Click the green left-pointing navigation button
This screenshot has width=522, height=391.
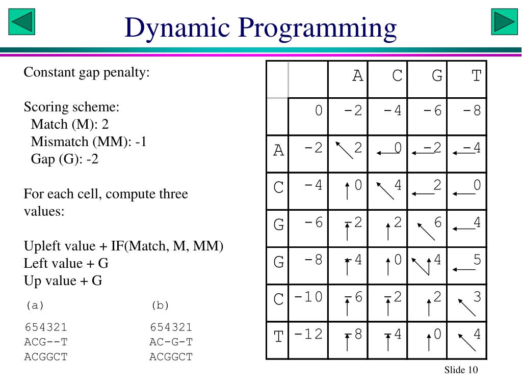[x=22, y=22]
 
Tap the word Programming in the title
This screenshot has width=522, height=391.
[x=316, y=27]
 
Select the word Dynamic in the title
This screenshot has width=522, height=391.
[x=176, y=27]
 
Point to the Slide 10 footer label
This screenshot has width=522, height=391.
[x=461, y=370]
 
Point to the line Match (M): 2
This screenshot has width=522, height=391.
[x=70, y=125]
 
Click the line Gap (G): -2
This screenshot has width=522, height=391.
[x=65, y=159]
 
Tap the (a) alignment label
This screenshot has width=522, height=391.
[x=35, y=305]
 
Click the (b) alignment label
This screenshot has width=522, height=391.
[x=160, y=305]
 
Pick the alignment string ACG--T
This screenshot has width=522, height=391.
[x=46, y=342]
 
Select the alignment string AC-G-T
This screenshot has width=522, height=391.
[x=171, y=342]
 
